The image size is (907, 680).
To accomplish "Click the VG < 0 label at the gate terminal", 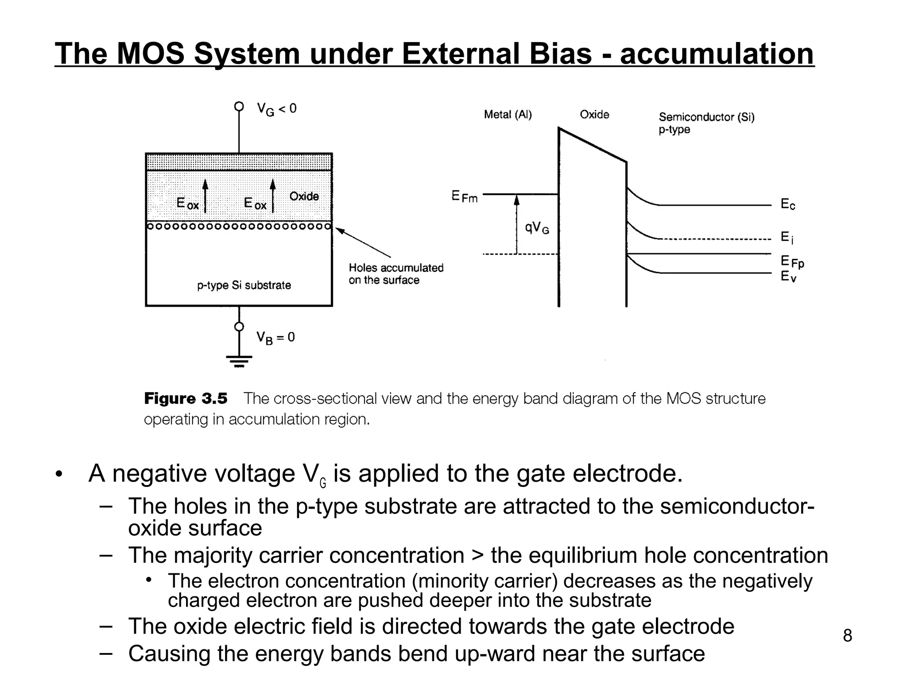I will pos(276,109).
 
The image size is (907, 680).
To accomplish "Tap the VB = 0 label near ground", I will pos(275,338).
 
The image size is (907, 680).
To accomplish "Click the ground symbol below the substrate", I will pos(239,361).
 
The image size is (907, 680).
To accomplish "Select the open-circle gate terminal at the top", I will pos(239,106).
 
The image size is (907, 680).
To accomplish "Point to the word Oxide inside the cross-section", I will pos(304,196).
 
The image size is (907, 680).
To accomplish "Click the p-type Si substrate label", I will pos(244,285).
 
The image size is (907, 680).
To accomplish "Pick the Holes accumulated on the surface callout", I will pos(395,274).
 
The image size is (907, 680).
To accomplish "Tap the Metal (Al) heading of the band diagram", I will pos(508,115).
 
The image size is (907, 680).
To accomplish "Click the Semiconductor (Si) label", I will pos(706,117).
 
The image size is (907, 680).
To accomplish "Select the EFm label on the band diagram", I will pos(465,196).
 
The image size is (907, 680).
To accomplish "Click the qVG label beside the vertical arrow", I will pos(537,228).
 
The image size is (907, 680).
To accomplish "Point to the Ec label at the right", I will pos(787,204).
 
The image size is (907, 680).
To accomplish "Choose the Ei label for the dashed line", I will pos(787,237).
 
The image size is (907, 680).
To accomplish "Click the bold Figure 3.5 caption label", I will pos(186,398).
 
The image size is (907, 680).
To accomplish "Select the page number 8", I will pos(847,635).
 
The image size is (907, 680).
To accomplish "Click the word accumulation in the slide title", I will pos(717,54).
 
